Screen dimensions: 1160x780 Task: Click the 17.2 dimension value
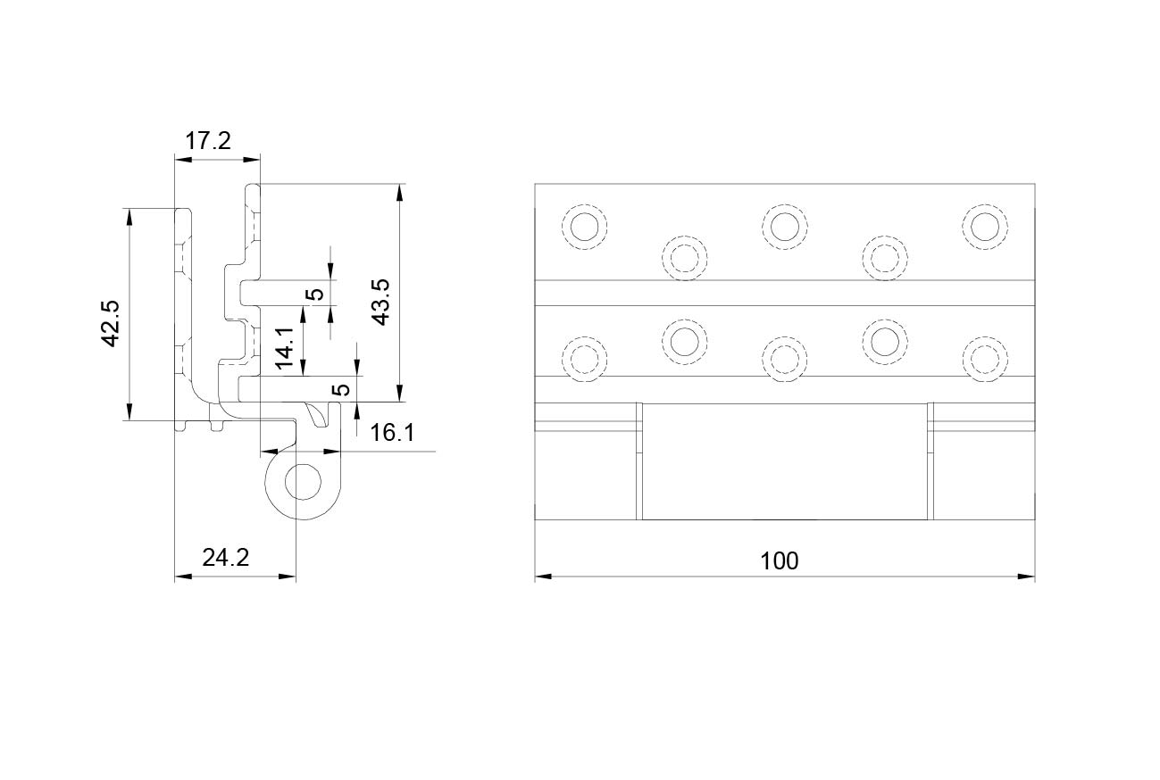tap(208, 141)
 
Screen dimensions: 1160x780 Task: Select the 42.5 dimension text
tap(111, 323)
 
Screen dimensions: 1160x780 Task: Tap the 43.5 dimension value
tap(380, 302)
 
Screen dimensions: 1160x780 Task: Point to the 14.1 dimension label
tap(285, 347)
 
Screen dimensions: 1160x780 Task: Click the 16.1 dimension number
tap(392, 433)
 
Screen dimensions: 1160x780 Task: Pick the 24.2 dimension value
tap(225, 558)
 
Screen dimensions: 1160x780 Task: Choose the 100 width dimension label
tap(779, 561)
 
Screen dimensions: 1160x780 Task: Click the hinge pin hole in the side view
tap(304, 482)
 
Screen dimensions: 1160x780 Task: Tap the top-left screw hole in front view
tap(584, 227)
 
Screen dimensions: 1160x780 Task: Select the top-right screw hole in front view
tap(985, 227)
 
